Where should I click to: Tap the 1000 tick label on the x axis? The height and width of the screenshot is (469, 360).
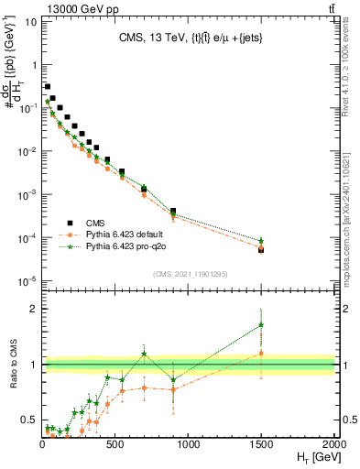point(189,443)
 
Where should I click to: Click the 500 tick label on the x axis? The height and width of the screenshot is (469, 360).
point(115,443)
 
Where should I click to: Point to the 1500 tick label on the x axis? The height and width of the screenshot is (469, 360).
point(261,443)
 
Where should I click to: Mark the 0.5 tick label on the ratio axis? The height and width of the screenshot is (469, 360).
point(29,420)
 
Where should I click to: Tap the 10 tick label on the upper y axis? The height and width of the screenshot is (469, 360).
point(30,21)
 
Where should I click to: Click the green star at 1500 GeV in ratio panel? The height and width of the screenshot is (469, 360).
point(262,324)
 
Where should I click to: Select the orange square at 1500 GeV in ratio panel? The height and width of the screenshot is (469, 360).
point(262,353)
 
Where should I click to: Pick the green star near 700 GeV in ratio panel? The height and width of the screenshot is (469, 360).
point(145,354)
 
